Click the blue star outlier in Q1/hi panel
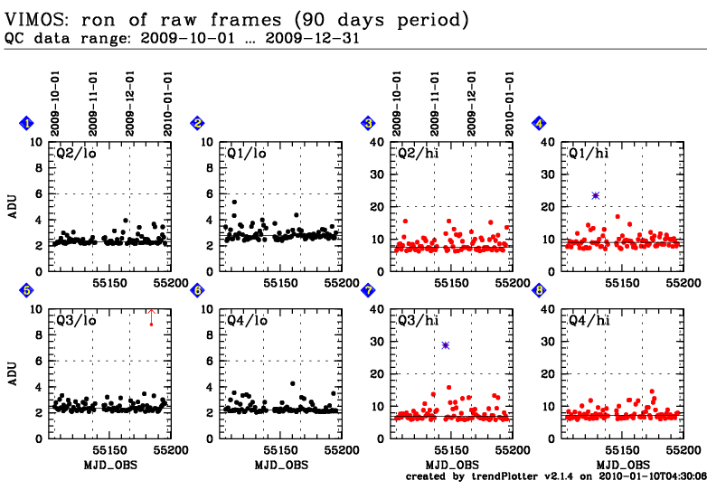[596, 195]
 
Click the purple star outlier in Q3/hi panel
[446, 345]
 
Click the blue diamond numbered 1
[27, 123]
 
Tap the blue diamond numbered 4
[539, 123]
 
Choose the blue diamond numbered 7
[368, 290]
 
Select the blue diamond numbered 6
[198, 290]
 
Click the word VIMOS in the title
[33, 19]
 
